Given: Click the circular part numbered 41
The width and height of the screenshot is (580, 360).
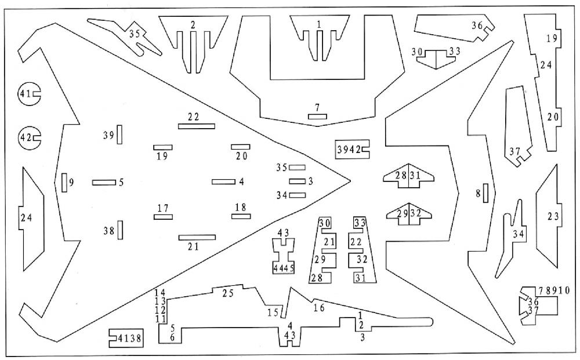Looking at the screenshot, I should (28, 94).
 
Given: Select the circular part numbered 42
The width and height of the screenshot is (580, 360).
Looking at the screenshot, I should (28, 138).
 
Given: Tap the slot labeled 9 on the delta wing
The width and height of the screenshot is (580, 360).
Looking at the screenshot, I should (64, 182).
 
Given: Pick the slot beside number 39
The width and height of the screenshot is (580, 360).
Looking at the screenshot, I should (119, 134).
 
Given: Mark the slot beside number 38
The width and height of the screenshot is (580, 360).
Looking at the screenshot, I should (119, 230).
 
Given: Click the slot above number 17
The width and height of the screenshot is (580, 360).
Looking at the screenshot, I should (164, 217).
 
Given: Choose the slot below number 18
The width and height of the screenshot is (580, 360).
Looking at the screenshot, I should (241, 217).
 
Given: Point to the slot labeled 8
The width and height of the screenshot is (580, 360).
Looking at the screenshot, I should (485, 193).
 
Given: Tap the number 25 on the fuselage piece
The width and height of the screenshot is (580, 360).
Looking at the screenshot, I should (228, 294).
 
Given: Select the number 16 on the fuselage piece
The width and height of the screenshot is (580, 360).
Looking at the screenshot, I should (318, 307).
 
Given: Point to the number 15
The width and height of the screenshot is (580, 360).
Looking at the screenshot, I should (273, 313).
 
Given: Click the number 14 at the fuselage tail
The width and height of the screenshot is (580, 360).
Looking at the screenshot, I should (161, 292).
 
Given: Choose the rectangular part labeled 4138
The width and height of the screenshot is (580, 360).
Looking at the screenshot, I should (125, 337).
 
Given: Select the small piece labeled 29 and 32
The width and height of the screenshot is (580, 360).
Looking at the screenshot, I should (409, 213).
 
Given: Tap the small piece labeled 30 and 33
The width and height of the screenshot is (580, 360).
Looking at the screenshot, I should (436, 57).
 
